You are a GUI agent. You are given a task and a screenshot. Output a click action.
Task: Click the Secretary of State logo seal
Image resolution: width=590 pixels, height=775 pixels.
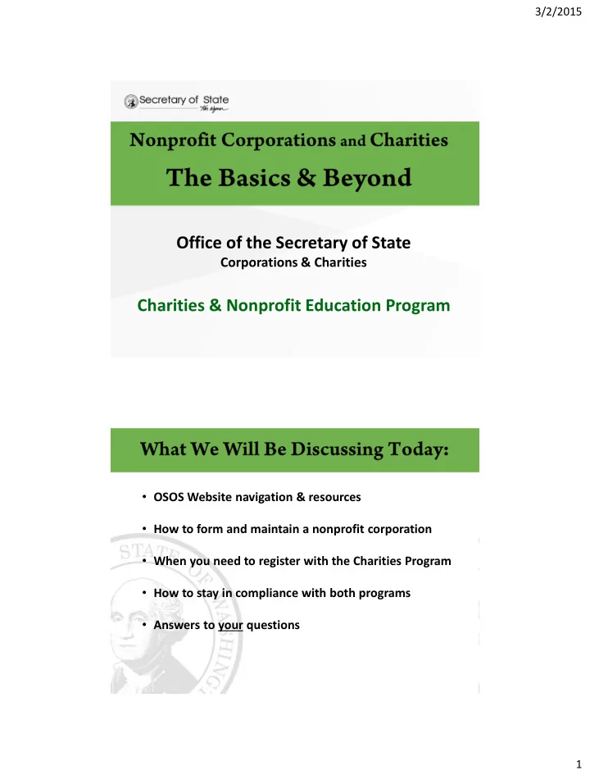pyautogui.click(x=130, y=102)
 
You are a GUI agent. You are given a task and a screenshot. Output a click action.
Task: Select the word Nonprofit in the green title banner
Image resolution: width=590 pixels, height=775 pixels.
pyautogui.click(x=170, y=139)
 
